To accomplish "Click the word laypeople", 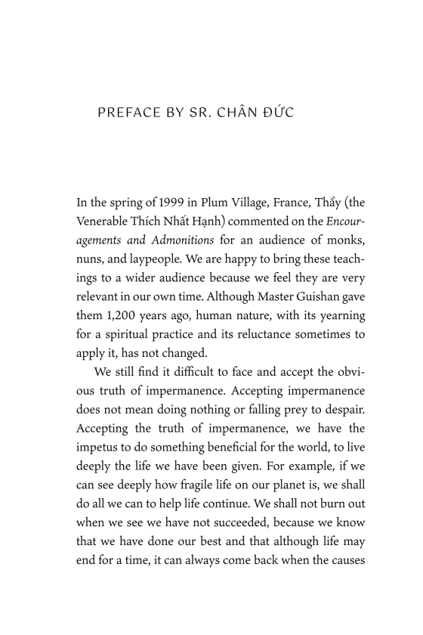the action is pos(150,258).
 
